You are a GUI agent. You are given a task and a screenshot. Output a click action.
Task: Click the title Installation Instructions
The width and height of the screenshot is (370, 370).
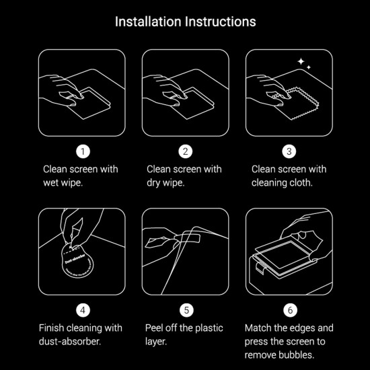pyautogui.click(x=185, y=21)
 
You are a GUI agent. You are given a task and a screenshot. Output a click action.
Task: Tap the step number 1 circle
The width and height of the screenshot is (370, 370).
pyautogui.click(x=82, y=151)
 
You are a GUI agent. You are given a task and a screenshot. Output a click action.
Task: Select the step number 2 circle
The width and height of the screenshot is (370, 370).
pyautogui.click(x=186, y=151)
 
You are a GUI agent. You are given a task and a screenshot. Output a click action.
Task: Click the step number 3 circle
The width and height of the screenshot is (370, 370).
pyautogui.click(x=289, y=151)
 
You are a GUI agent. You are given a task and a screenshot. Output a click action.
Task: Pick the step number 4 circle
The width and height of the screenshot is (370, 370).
pyautogui.click(x=82, y=310)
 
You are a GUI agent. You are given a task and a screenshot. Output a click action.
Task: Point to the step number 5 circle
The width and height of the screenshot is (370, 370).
pyautogui.click(x=186, y=310)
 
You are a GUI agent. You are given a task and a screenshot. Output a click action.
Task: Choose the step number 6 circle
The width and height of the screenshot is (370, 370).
pyautogui.click(x=289, y=310)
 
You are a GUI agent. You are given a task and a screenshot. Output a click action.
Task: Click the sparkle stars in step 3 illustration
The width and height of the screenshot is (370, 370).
pyautogui.click(x=303, y=63)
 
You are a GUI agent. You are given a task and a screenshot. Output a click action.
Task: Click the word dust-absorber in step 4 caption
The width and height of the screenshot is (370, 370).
pyautogui.click(x=71, y=341)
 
